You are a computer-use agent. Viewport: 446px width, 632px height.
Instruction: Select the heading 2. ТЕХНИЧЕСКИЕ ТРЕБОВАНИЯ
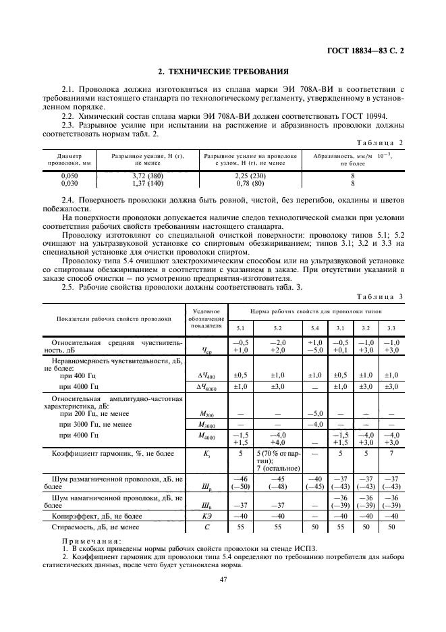point(223,71)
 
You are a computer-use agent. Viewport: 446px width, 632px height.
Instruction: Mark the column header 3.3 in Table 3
point(392,327)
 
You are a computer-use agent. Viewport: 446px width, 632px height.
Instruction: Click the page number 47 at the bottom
point(223,579)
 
